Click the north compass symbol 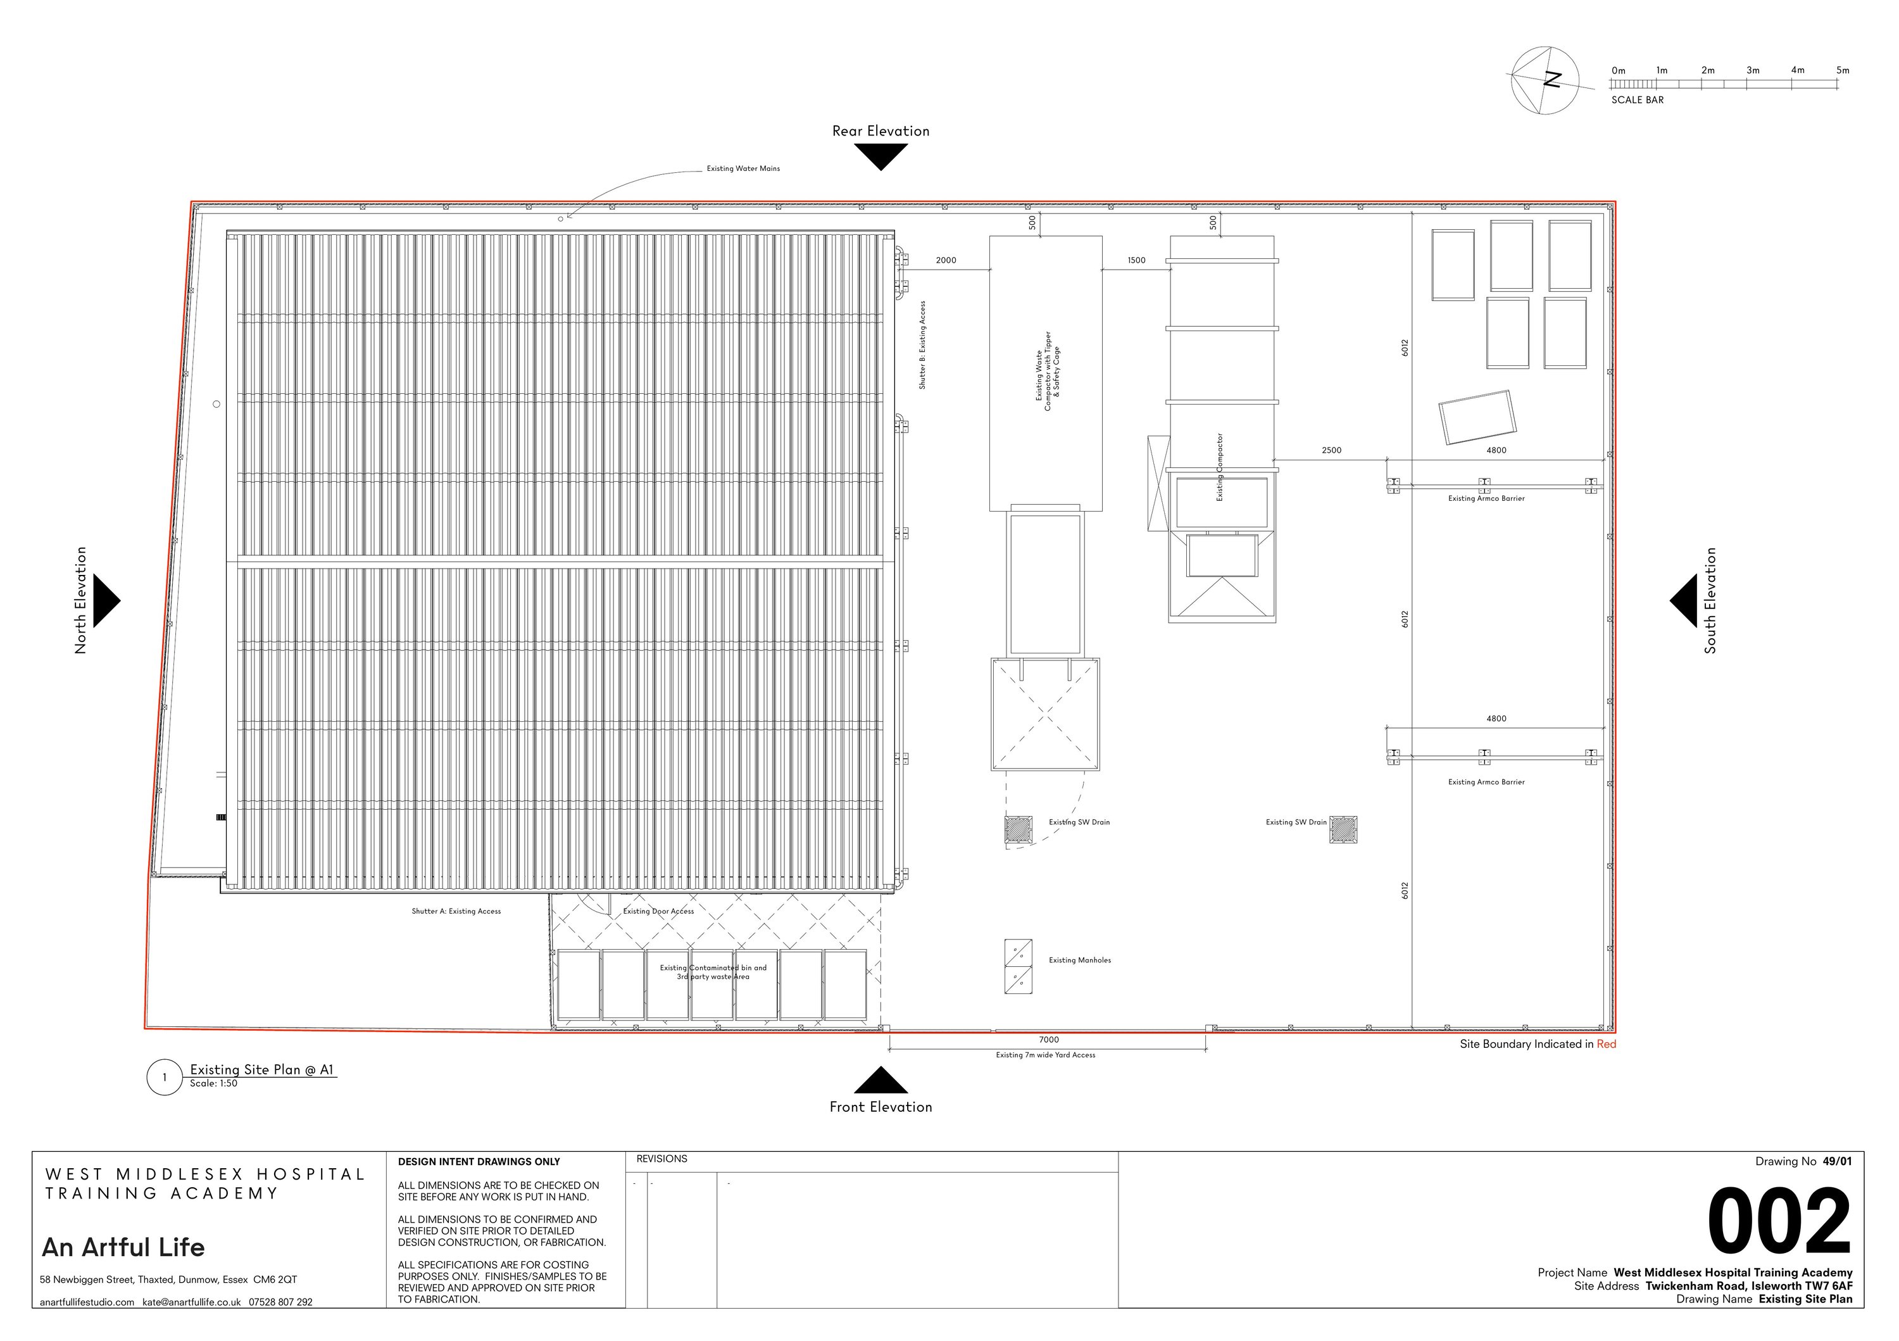click(x=1543, y=79)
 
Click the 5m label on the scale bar click(x=1842, y=70)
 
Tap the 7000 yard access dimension click(x=1048, y=1040)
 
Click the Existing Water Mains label click(x=743, y=169)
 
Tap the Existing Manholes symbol click(x=1018, y=966)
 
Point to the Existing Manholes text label click(x=1079, y=960)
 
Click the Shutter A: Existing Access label click(x=456, y=912)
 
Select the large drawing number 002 click(x=1778, y=1223)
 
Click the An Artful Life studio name click(x=123, y=1247)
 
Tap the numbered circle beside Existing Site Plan click(x=164, y=1077)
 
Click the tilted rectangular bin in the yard click(x=1477, y=418)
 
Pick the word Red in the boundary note click(x=1606, y=1044)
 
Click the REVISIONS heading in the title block click(x=661, y=1159)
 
